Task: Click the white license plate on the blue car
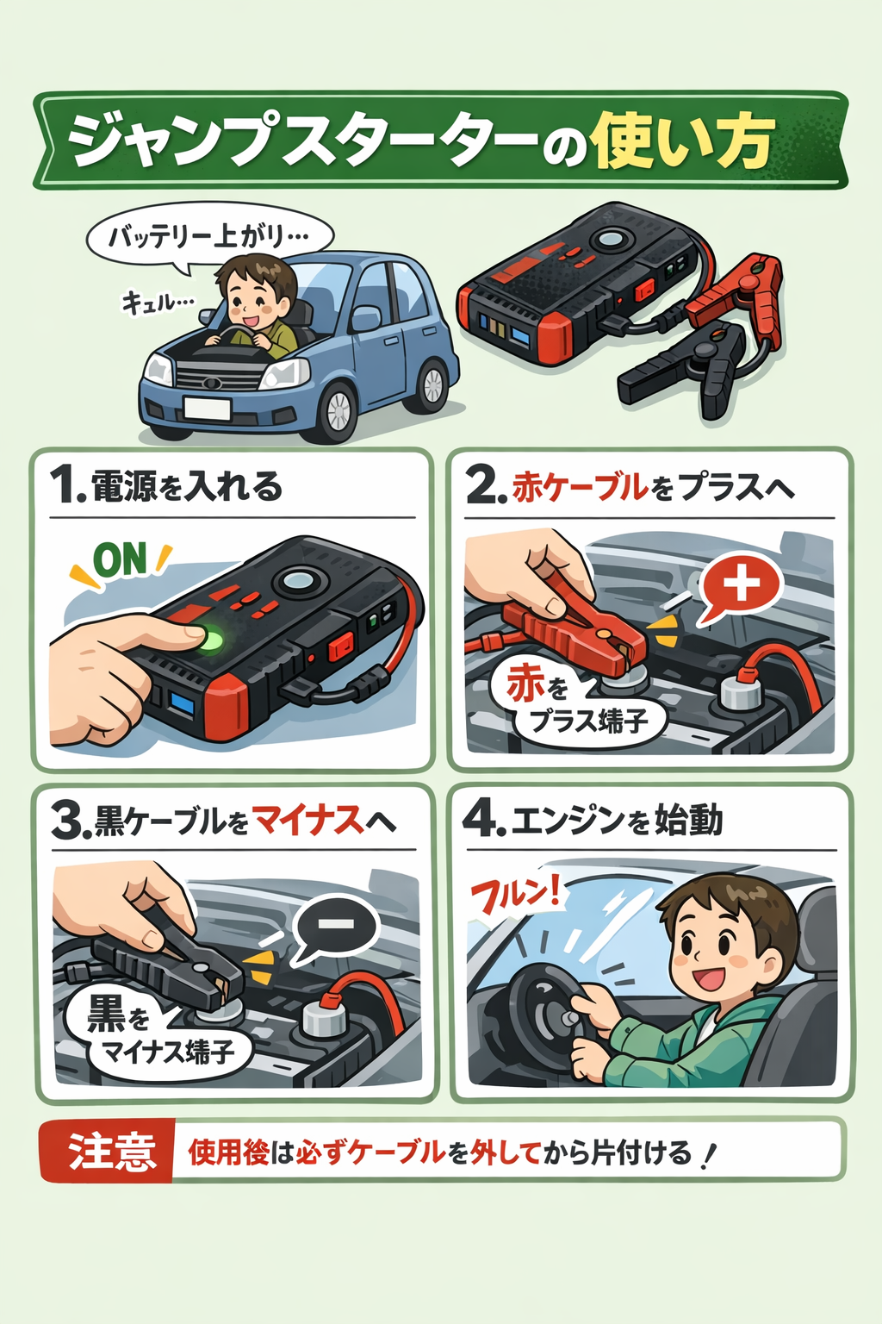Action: click(x=207, y=408)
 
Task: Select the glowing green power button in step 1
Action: click(x=209, y=640)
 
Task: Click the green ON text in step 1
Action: click(x=121, y=560)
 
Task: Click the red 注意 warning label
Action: click(x=110, y=1152)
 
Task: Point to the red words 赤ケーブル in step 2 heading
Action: click(x=580, y=487)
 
